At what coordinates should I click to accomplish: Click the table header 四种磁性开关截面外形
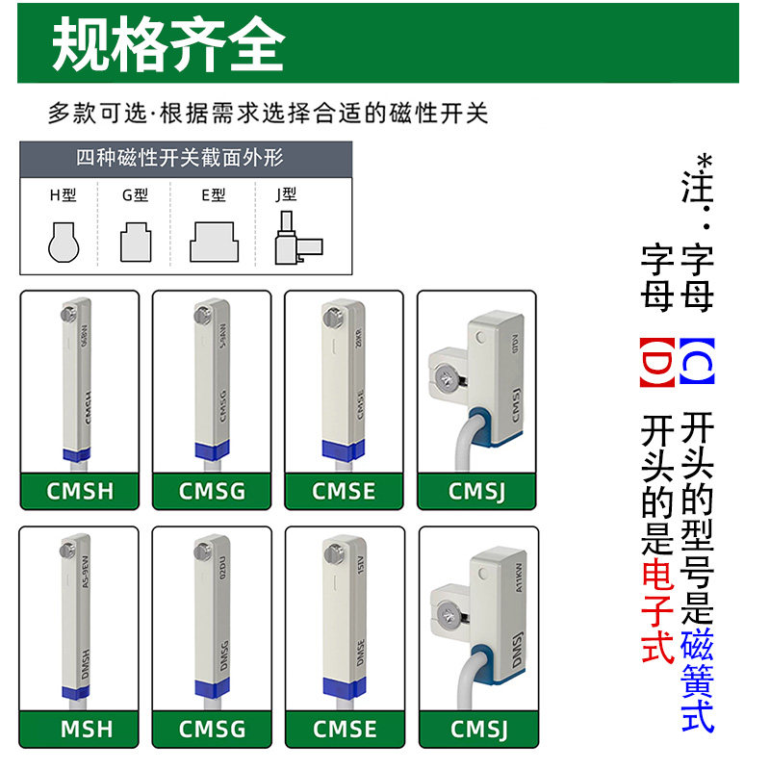pos(180,158)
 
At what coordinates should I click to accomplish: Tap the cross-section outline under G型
pos(135,242)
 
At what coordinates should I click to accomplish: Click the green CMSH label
pos(80,491)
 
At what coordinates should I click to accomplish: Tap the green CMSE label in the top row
pos(345,491)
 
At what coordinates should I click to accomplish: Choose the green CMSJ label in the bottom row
pos(477,728)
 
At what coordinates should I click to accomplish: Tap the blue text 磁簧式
pos(697,680)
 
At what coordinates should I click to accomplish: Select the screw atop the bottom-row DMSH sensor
pos(68,551)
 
